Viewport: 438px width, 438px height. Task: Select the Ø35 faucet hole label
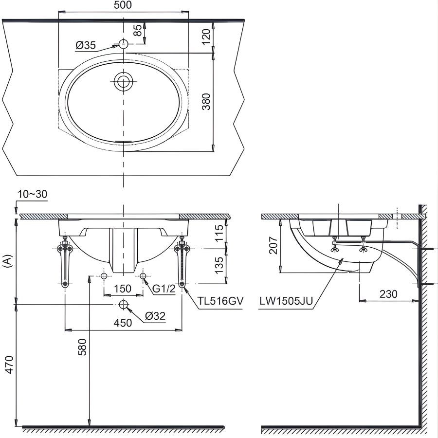point(86,46)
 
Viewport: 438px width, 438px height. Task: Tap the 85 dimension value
point(138,31)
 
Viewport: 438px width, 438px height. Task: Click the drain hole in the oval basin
point(124,82)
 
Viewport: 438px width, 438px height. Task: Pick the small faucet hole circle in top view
point(124,44)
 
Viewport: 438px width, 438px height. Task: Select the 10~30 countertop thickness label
point(32,194)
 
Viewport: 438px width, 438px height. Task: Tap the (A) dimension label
point(7,261)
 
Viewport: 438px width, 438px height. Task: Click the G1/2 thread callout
point(164,289)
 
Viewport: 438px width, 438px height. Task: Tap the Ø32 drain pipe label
point(156,316)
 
